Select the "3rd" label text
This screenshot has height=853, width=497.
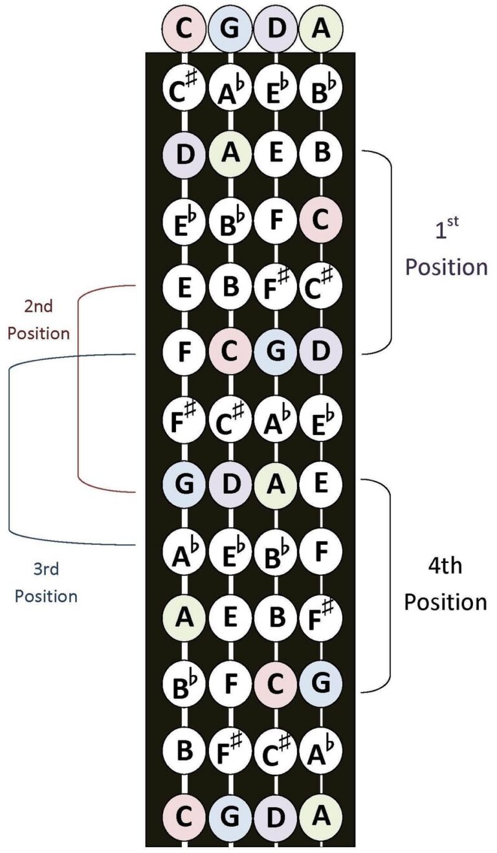[46, 569]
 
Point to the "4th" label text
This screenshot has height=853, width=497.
[445, 567]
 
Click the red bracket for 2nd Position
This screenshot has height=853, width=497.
[78, 388]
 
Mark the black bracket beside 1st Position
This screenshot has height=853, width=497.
[391, 252]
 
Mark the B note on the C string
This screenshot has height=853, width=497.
[185, 750]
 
